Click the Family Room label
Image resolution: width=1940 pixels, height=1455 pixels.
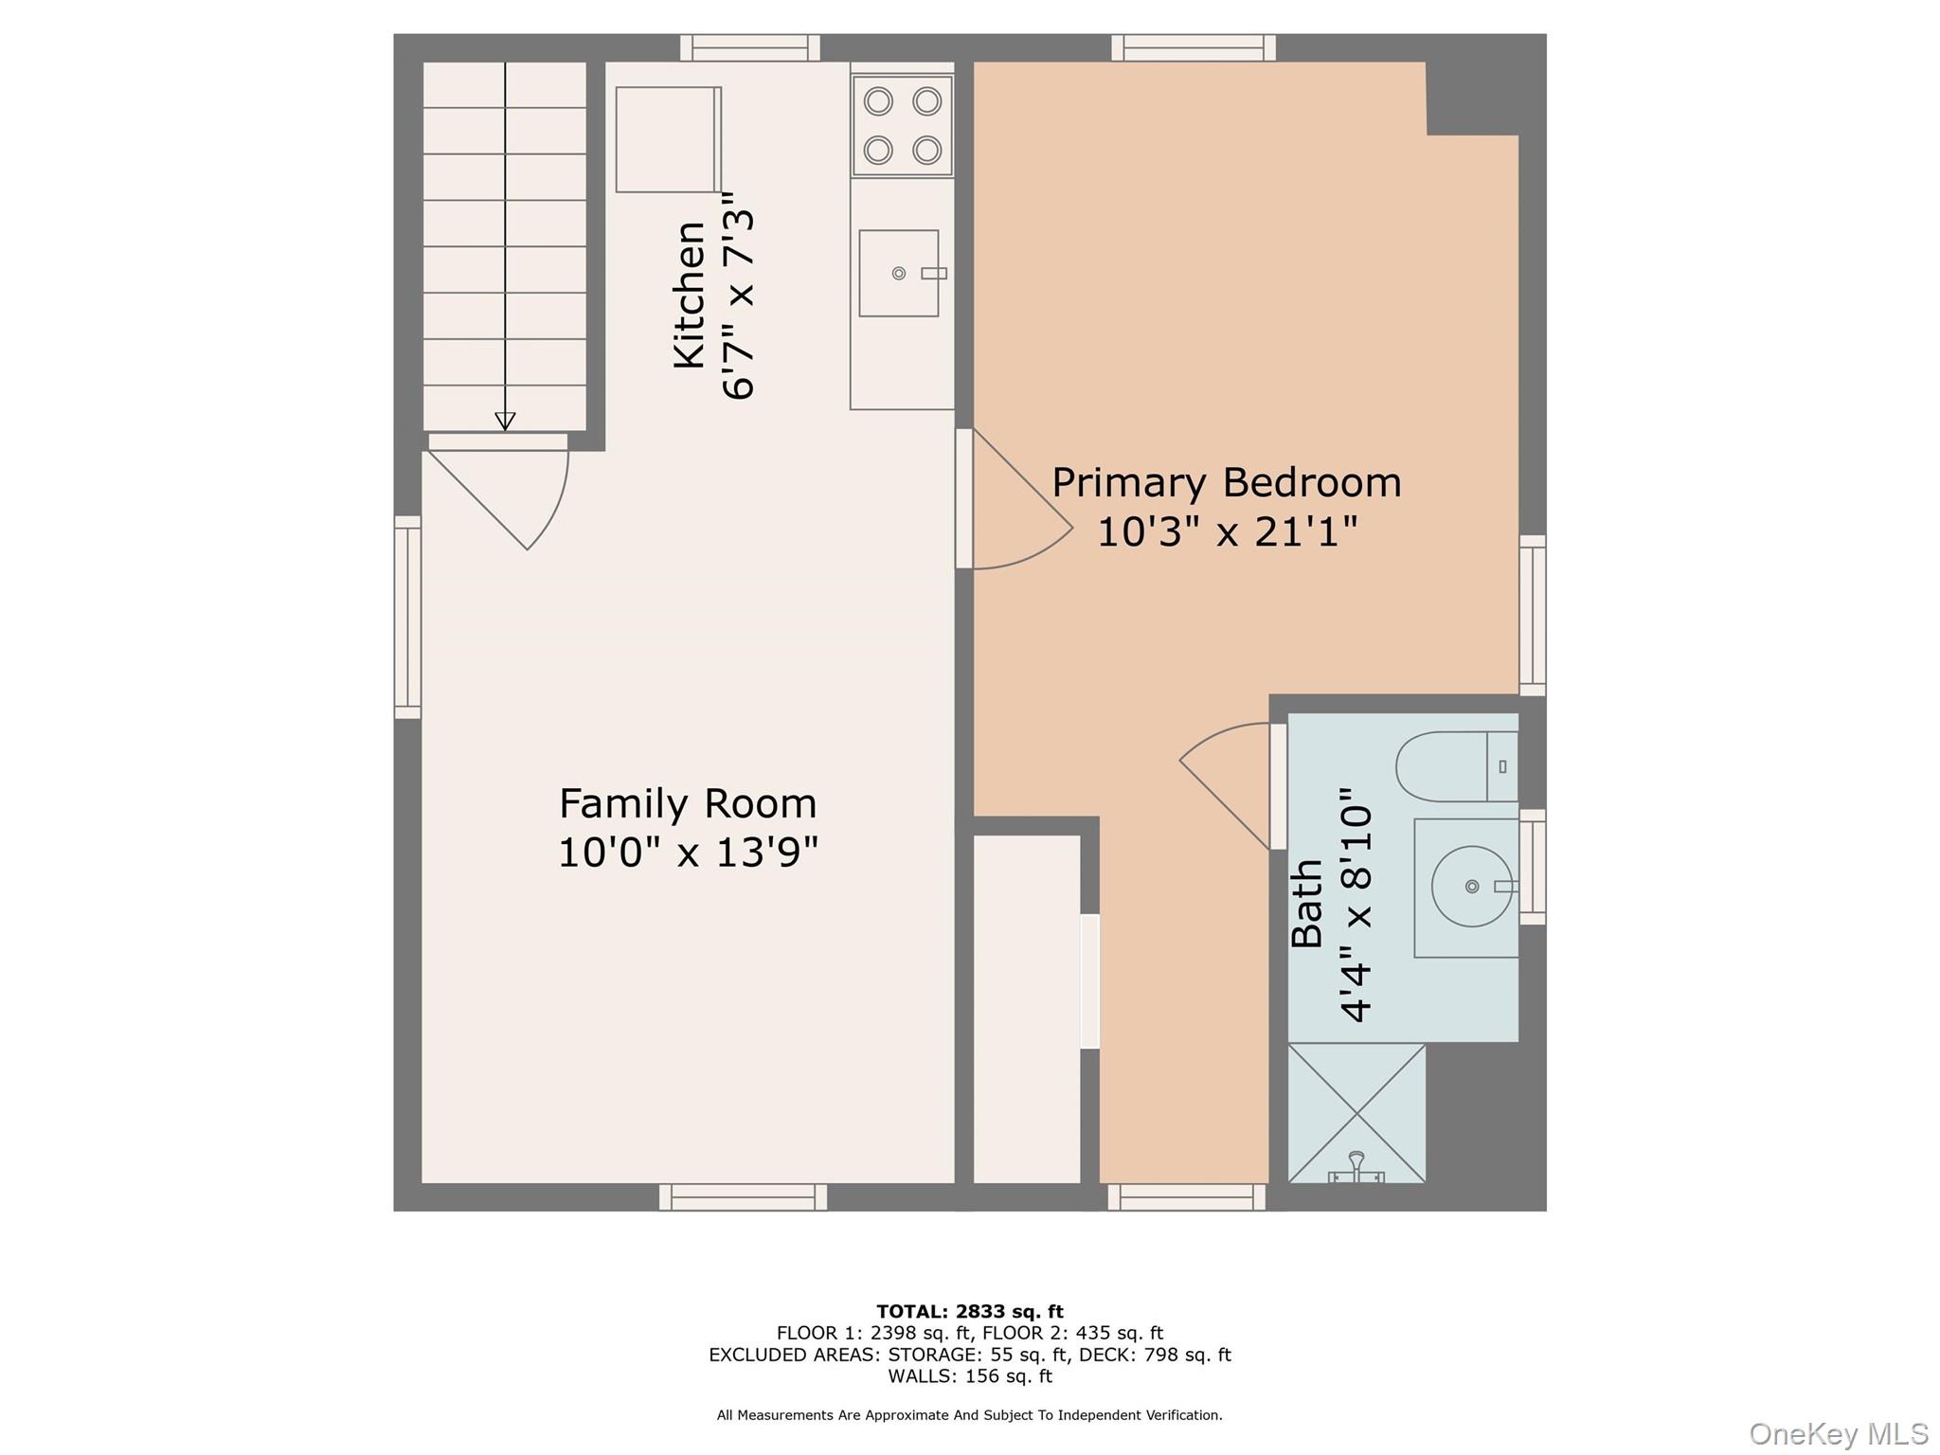(687, 804)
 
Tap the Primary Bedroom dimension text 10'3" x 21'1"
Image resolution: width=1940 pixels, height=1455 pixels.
(1227, 532)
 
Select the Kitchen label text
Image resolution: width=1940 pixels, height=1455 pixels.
(690, 295)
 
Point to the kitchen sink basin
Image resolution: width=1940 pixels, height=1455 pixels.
(898, 274)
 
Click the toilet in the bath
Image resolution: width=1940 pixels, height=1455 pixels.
(1455, 766)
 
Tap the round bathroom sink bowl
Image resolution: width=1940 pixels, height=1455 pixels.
(1471, 887)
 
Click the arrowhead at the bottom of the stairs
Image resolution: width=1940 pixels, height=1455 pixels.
(505, 421)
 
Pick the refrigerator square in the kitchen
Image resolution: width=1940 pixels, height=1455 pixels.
(668, 139)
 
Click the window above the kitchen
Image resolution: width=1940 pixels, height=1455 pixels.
(749, 47)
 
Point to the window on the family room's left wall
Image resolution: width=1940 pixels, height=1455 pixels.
(407, 617)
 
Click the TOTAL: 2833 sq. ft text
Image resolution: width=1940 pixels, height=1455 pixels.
(969, 1312)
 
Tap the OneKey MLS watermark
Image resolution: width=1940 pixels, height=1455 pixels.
(1838, 1433)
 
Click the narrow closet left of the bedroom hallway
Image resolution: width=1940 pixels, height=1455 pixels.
(1027, 1008)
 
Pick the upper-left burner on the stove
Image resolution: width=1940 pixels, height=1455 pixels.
(878, 100)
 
